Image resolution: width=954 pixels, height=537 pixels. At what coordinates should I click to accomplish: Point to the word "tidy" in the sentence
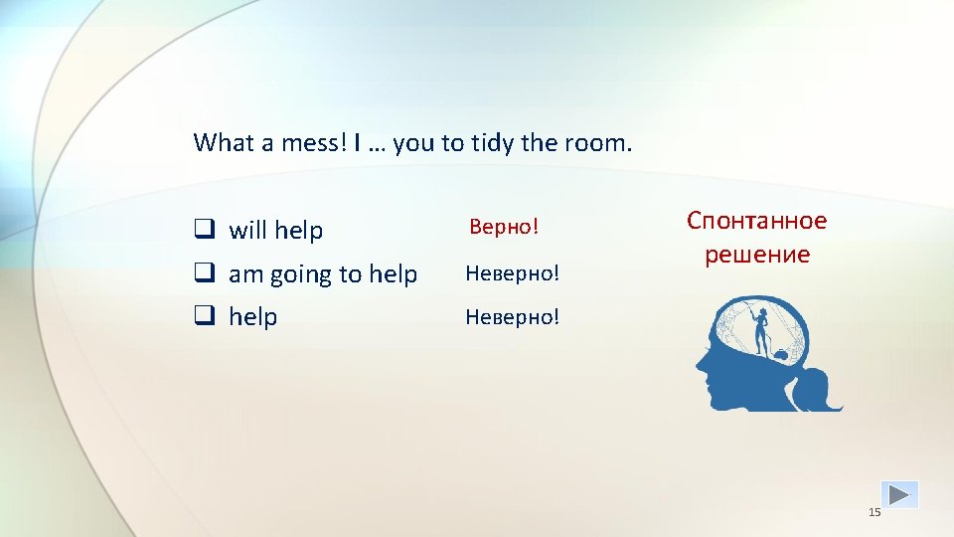492,143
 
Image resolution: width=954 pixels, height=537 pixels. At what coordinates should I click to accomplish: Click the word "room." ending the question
597,143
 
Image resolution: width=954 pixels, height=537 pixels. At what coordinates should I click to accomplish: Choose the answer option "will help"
275,231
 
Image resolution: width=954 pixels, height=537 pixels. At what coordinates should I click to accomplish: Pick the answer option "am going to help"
323,274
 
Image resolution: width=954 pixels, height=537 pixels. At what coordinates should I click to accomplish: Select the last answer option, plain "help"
253,317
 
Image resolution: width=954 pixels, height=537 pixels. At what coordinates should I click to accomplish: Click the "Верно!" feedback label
504,228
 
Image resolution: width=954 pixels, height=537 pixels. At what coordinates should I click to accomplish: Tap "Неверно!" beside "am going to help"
513,273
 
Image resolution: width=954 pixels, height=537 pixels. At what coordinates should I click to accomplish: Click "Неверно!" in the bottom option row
513,317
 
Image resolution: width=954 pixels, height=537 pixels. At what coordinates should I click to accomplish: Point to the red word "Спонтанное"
756,221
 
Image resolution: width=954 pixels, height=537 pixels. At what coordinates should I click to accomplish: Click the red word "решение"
757,255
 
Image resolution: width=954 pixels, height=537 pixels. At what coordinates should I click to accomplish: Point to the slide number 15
874,512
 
